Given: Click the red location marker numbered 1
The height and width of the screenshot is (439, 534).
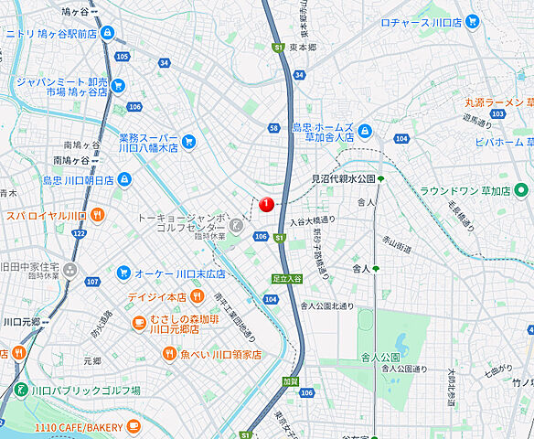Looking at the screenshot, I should click(266, 204).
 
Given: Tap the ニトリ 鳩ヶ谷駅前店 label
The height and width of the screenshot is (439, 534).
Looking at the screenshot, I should click(50, 33).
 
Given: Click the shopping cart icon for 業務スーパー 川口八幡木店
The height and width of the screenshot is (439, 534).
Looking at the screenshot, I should click(188, 141).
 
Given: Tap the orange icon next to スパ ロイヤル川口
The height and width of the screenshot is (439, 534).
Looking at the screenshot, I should click(98, 215).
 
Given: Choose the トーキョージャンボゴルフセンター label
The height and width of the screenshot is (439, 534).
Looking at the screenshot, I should click(181, 222).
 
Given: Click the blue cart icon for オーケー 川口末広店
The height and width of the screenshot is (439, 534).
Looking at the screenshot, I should click(123, 272).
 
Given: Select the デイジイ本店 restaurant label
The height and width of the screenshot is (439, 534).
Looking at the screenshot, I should click(157, 297).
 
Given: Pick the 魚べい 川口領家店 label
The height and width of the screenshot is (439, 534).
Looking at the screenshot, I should click(220, 354).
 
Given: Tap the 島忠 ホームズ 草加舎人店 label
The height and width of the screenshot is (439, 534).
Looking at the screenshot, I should click(325, 134).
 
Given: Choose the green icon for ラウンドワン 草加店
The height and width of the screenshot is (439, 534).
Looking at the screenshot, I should click(521, 191).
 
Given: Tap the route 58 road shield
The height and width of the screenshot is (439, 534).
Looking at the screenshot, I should click(273, 128).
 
